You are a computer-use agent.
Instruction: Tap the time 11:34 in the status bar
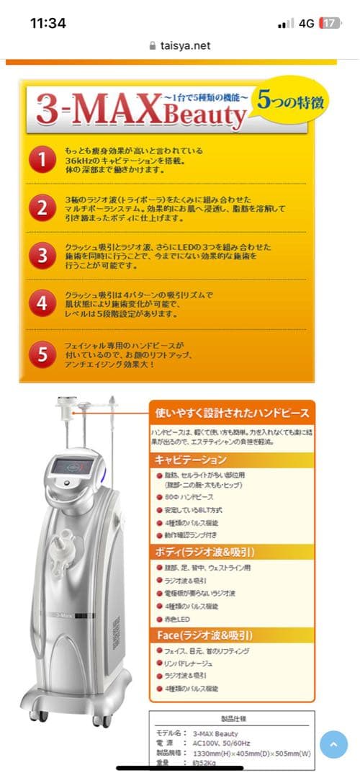(x=48, y=23)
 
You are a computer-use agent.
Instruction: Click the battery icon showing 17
(x=330, y=23)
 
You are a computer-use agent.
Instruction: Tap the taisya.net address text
(x=185, y=45)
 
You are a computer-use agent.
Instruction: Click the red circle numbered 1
(x=43, y=161)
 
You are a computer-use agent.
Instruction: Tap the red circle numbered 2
(x=43, y=207)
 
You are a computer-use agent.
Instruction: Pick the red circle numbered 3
(x=43, y=255)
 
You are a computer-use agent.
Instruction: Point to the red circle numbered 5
(x=43, y=354)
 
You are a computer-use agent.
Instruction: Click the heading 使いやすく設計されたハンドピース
(x=233, y=413)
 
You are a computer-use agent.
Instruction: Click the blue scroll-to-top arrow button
(x=333, y=744)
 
